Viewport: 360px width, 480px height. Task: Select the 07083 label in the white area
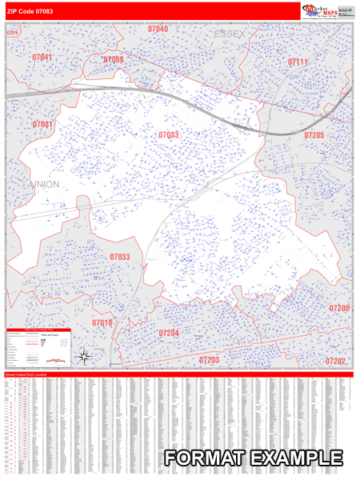click(168, 135)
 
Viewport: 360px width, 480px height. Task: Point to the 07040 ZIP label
click(158, 29)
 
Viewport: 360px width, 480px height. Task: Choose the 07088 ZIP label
click(114, 60)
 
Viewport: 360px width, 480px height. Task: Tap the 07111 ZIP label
click(298, 62)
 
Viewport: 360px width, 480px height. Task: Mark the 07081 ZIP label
click(43, 125)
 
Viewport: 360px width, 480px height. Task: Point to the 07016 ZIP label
click(102, 322)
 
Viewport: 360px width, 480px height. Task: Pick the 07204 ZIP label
click(168, 333)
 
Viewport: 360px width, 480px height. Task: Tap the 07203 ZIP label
click(209, 361)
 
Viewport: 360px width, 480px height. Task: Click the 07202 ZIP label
click(335, 362)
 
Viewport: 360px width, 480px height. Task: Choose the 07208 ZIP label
click(338, 308)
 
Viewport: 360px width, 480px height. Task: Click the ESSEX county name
click(231, 34)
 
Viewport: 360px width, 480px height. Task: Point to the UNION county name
click(46, 185)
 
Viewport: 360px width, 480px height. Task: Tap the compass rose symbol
click(107, 356)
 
